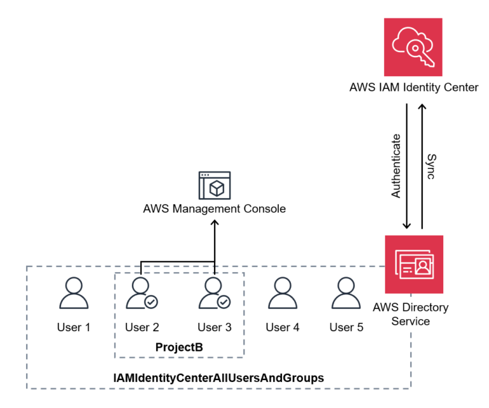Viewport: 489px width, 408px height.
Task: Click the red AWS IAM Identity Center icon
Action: [x=413, y=47]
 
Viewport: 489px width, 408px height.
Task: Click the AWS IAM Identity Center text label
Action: [x=413, y=87]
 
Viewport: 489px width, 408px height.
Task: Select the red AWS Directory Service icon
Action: [x=414, y=264]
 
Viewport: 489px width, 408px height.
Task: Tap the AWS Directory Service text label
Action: [x=411, y=314]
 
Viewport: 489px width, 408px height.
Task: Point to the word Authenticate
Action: [x=396, y=166]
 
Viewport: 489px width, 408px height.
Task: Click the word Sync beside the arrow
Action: [x=431, y=166]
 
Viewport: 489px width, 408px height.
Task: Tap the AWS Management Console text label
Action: [x=214, y=208]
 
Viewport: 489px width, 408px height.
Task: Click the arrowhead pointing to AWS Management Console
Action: [x=214, y=222]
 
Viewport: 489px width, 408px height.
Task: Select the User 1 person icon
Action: [x=73, y=294]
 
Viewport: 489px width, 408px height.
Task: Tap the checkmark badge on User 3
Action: [x=223, y=302]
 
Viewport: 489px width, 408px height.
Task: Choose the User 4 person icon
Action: [x=282, y=294]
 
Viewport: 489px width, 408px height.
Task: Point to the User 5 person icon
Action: [x=346, y=294]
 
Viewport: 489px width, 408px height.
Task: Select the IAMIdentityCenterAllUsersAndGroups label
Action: [x=218, y=378]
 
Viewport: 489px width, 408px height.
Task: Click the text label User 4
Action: [x=282, y=327]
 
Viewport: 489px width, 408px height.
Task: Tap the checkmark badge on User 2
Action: [x=151, y=302]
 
